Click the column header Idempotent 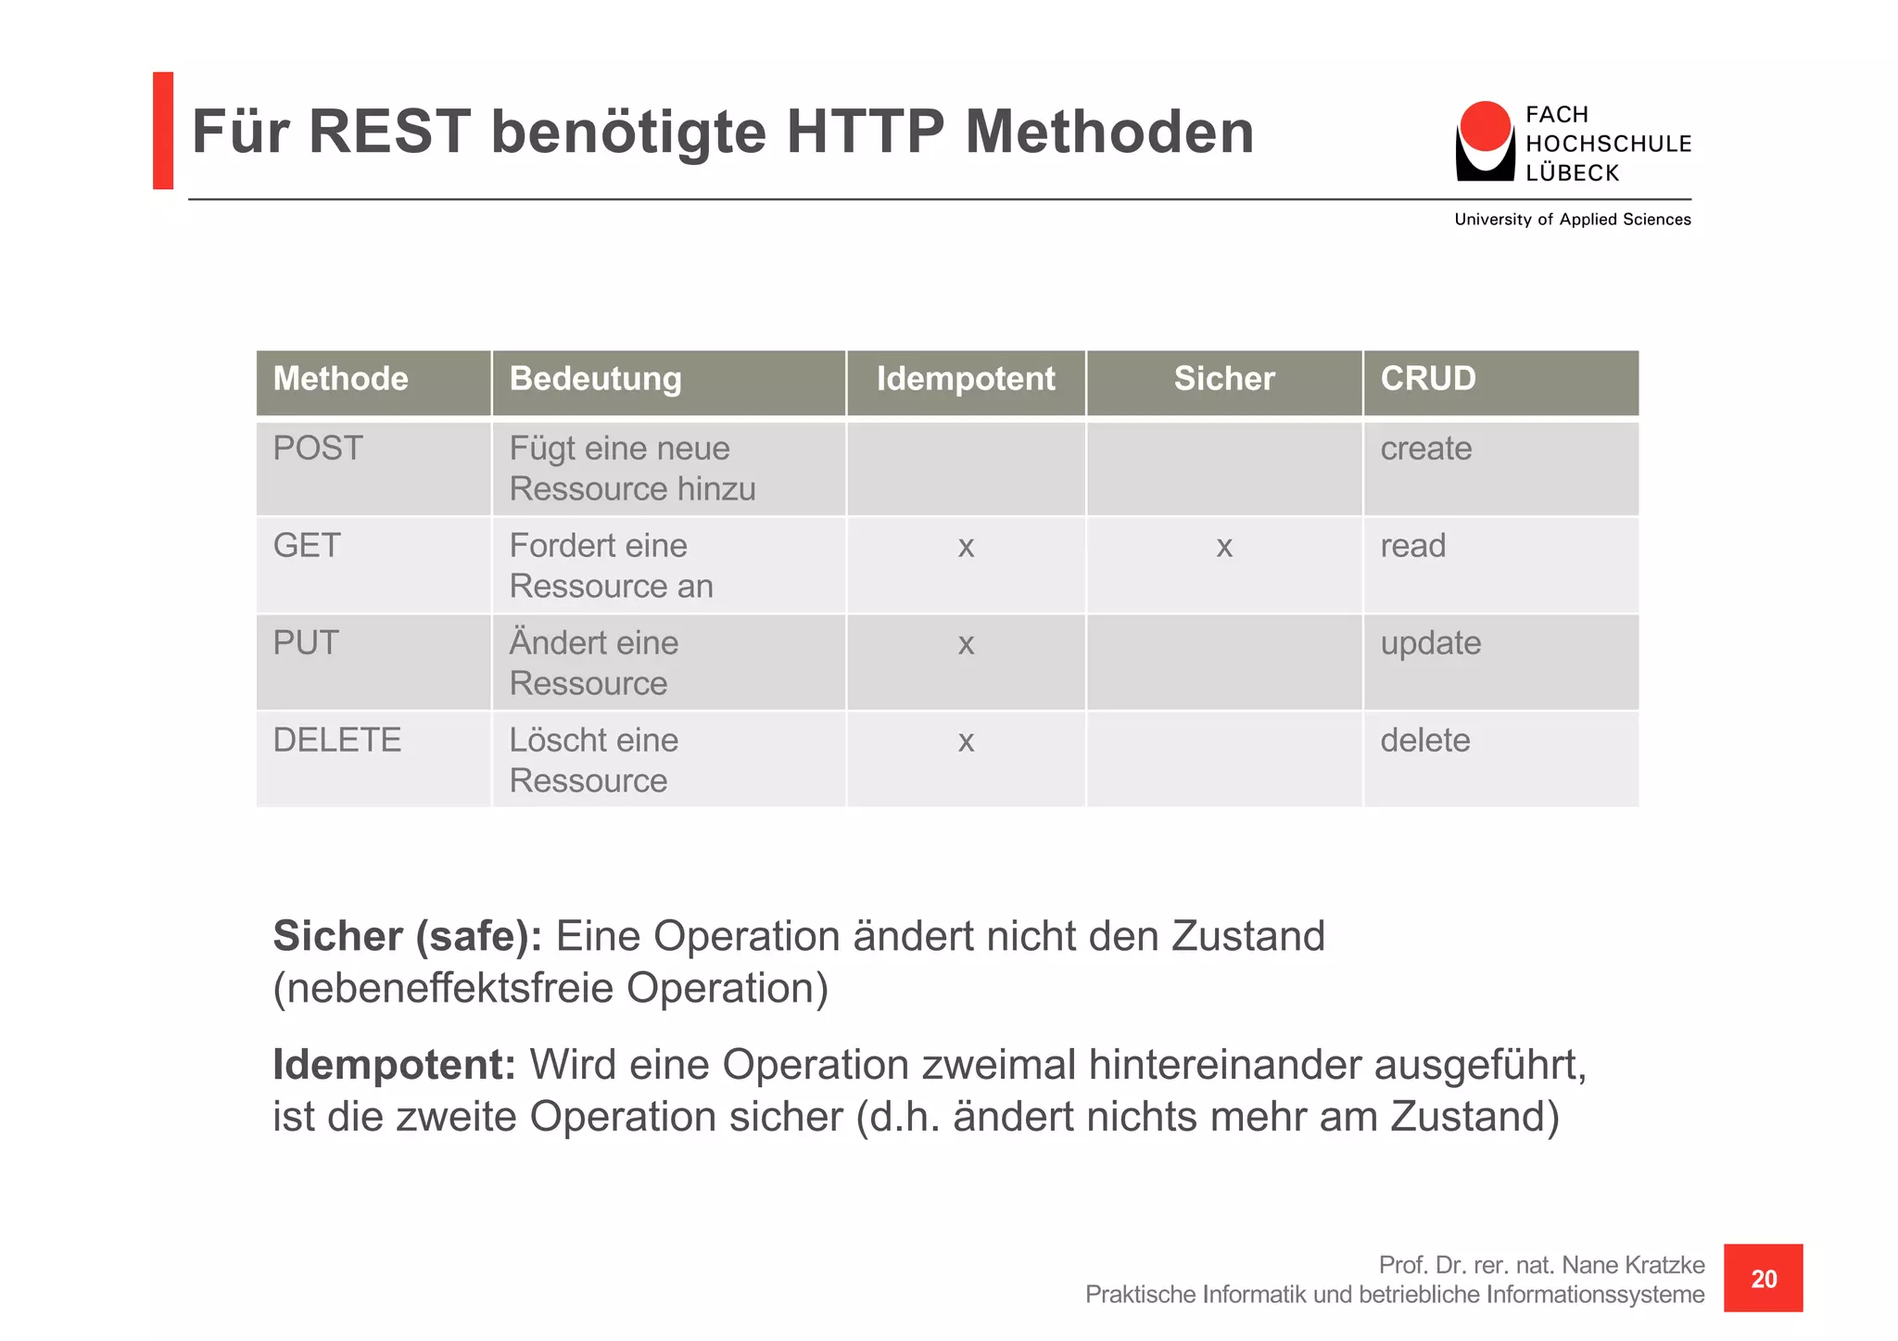(x=965, y=379)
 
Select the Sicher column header (x=1223, y=379)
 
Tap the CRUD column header (x=1427, y=379)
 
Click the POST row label (x=318, y=449)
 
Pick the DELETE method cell (x=337, y=740)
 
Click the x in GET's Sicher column (x=1223, y=547)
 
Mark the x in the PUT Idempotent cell (x=966, y=644)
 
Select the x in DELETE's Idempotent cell (x=966, y=741)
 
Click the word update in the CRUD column (x=1430, y=644)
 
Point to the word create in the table (x=1425, y=449)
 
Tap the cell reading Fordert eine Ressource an (x=612, y=565)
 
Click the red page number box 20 (x=1763, y=1278)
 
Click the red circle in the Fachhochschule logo (x=1485, y=126)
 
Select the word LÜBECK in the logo (x=1572, y=173)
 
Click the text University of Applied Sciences (x=1572, y=220)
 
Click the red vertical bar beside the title (x=163, y=131)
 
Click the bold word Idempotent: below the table (x=394, y=1065)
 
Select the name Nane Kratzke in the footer (x=1632, y=1265)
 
